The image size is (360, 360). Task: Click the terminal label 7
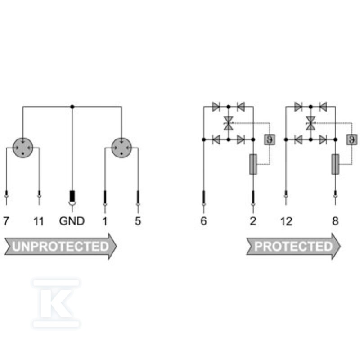click(x=6, y=221)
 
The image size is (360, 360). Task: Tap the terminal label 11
click(x=39, y=221)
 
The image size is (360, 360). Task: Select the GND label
click(x=72, y=221)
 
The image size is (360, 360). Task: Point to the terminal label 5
click(x=138, y=221)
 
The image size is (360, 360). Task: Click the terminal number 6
click(x=204, y=221)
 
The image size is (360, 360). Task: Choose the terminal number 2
click(x=253, y=221)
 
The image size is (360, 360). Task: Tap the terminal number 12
click(x=286, y=221)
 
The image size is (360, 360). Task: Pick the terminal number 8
click(x=335, y=221)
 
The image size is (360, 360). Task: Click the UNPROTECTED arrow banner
click(x=61, y=246)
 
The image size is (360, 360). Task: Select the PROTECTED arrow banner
click(x=293, y=246)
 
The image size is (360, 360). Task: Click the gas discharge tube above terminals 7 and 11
click(x=23, y=148)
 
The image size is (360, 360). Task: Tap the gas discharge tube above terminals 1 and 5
click(x=121, y=148)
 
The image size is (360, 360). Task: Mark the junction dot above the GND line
click(x=72, y=107)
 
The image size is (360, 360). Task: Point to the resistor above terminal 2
click(x=253, y=164)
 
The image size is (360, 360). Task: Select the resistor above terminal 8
click(x=335, y=164)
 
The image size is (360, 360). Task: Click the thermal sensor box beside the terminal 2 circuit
click(x=270, y=139)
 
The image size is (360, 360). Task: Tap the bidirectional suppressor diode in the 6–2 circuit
click(x=229, y=123)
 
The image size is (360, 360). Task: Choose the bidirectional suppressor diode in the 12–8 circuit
click(x=310, y=123)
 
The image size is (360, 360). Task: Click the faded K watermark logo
click(x=56, y=303)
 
